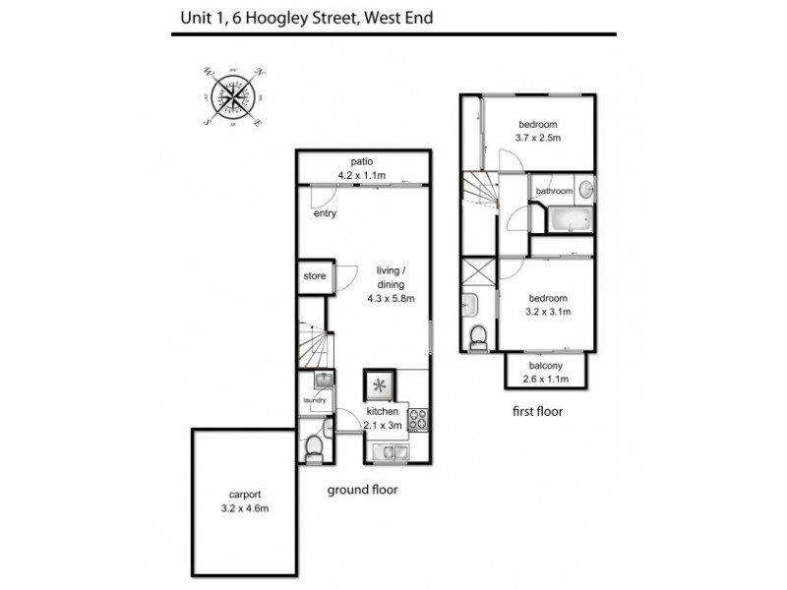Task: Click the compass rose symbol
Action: point(233,96)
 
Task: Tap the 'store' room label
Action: point(314,277)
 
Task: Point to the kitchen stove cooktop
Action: point(416,419)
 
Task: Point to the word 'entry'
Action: point(325,214)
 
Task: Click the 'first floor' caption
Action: point(537,412)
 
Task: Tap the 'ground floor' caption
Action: point(364,489)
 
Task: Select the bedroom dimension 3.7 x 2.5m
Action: point(538,138)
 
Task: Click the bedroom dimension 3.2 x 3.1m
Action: point(548,313)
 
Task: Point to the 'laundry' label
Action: point(315,400)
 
